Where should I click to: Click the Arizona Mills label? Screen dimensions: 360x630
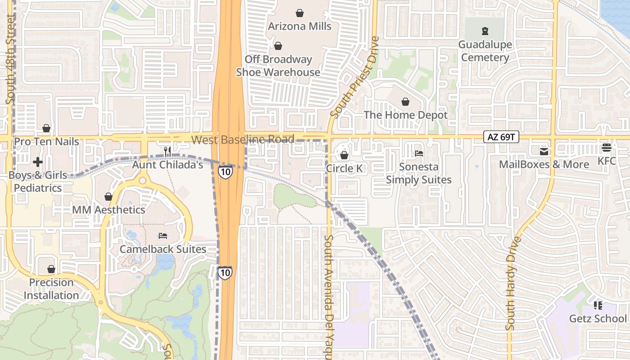[x=300, y=26]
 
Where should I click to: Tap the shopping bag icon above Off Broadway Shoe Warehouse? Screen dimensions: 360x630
[x=278, y=46]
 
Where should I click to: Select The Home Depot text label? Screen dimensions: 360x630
[x=405, y=115]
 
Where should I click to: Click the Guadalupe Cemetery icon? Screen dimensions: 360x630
[x=485, y=31]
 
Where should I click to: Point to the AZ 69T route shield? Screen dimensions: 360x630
[x=501, y=137]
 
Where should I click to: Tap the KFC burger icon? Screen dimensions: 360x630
[x=606, y=148]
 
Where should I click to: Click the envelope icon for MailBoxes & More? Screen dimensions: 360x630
[x=544, y=151]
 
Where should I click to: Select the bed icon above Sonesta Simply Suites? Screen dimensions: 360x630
[x=418, y=153]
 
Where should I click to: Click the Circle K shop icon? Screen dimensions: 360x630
[x=344, y=155]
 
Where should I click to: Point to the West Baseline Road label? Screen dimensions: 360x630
[x=243, y=139]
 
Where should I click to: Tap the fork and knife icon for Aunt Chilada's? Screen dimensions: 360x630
[x=167, y=152]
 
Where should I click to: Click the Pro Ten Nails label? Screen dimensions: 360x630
[x=46, y=142]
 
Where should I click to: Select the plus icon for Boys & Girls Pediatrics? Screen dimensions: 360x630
[x=38, y=162]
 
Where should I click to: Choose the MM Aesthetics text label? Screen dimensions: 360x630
[x=109, y=210]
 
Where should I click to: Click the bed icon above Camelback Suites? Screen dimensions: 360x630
[x=163, y=236]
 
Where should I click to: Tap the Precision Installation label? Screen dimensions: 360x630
[x=51, y=289]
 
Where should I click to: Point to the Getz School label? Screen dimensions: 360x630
[x=598, y=319]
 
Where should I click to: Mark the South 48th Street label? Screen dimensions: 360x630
[x=10, y=58]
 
